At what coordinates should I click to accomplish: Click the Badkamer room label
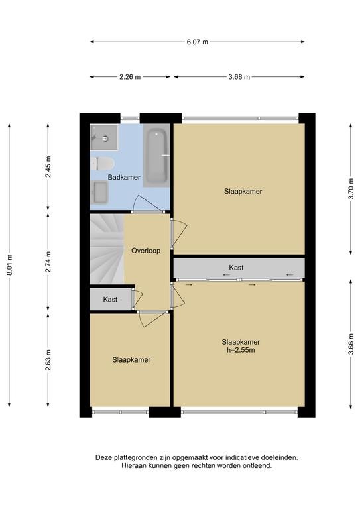coord(124,177)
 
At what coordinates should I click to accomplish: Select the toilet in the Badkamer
coord(102,164)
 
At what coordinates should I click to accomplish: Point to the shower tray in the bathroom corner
coord(104,137)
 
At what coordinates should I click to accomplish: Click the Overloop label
coord(146,251)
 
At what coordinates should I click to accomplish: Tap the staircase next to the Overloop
coord(107,249)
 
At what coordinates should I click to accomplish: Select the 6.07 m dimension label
coord(198,42)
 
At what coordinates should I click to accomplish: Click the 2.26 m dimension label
coord(130,77)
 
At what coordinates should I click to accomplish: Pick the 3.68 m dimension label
coord(239,77)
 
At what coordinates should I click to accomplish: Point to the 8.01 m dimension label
coord(10,264)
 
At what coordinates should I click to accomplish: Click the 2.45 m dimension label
coord(48,166)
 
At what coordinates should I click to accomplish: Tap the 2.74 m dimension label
coord(48,262)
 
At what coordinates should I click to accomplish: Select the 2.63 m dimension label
coord(48,360)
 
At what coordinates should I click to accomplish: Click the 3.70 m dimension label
coord(351,189)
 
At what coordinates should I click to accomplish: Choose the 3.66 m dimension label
coord(351,344)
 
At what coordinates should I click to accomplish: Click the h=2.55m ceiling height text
coord(241,350)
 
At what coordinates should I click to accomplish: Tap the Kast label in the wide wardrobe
coord(236,268)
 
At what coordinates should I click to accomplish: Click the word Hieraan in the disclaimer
coord(134,465)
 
